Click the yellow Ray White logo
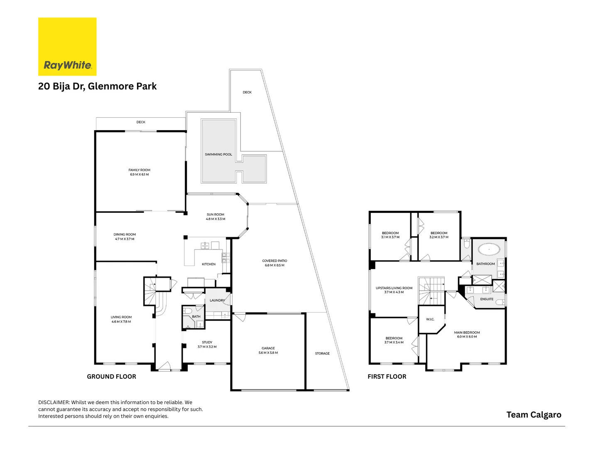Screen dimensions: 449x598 tap(67, 47)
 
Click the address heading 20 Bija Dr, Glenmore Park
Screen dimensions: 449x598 tap(97, 86)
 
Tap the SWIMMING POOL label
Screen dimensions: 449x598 tap(218, 154)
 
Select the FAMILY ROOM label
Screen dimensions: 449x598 tap(139, 172)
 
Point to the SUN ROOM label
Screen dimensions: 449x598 tap(216, 217)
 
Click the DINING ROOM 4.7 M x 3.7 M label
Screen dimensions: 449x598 tap(125, 237)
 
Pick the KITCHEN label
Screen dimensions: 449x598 tap(208, 264)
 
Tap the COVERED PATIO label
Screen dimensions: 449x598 tap(274, 263)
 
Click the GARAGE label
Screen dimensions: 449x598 tap(268, 350)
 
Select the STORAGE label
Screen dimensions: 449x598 tap(322, 353)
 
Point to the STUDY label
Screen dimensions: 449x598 tap(207, 344)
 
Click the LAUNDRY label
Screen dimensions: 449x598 tap(217, 300)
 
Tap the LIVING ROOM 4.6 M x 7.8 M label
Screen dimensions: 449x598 tap(121, 319)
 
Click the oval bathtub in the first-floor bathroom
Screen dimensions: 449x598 tap(489, 249)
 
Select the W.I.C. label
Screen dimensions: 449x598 tap(430, 319)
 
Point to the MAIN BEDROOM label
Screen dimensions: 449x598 tap(467, 334)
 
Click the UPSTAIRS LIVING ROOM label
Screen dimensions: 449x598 tap(394, 290)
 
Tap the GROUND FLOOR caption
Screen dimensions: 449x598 tap(111, 377)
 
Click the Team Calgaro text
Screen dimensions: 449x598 tap(534, 414)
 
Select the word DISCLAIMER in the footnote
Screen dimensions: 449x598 tap(54, 402)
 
